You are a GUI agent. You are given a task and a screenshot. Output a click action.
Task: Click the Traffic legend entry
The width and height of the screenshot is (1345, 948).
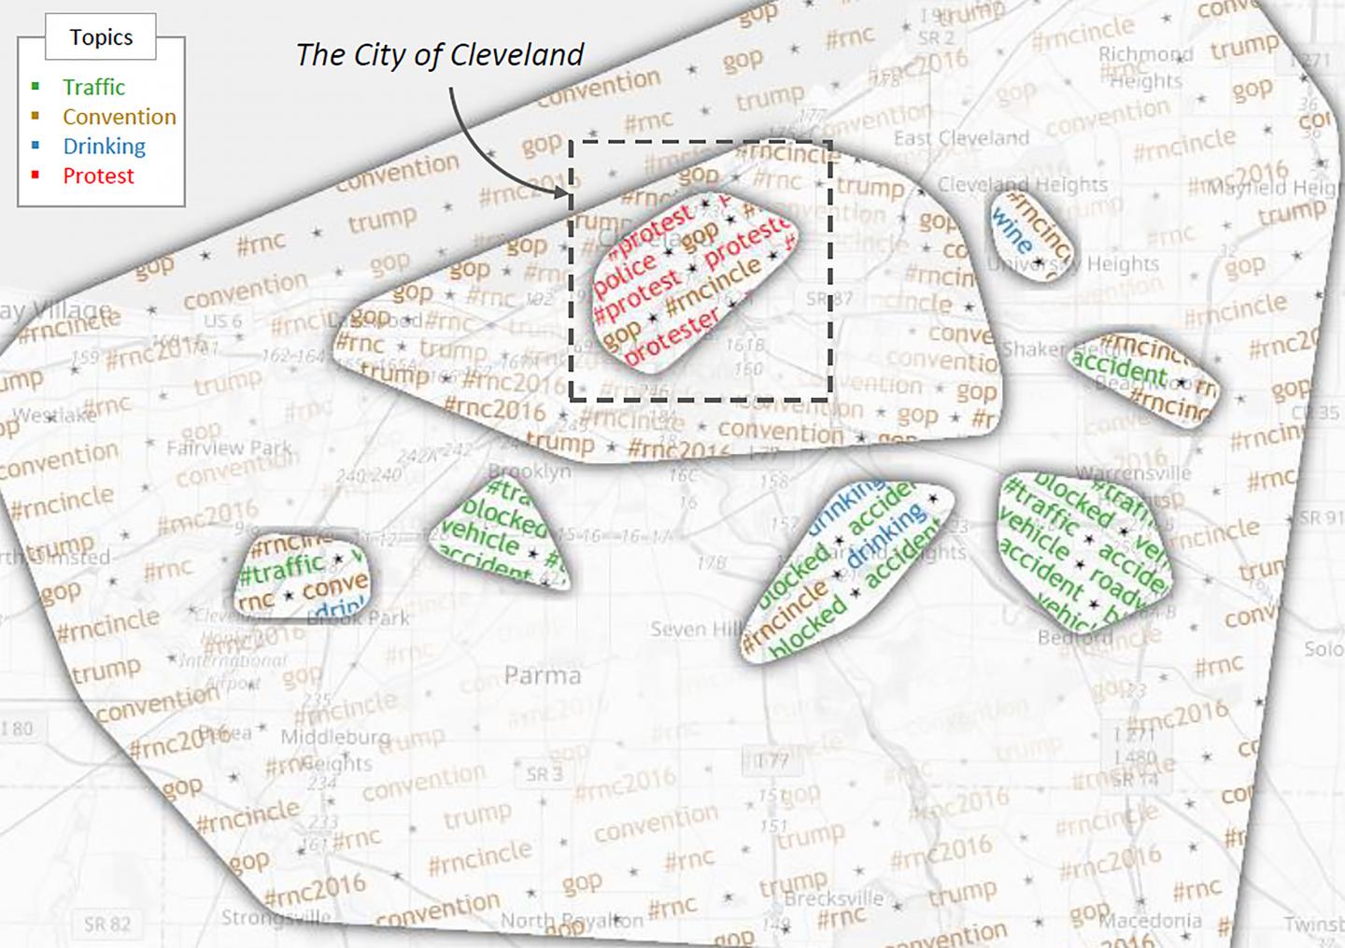tap(93, 87)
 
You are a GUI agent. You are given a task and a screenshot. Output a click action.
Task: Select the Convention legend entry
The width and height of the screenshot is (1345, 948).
tap(119, 117)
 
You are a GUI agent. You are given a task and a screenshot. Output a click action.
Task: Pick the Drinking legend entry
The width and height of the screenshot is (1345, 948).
tap(104, 147)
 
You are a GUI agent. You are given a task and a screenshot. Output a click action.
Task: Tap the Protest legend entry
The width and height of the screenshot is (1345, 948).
tap(98, 176)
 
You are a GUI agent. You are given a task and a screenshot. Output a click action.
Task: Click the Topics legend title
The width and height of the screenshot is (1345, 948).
tap(101, 37)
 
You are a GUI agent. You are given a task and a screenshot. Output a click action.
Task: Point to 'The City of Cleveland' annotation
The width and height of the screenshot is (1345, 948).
tap(439, 54)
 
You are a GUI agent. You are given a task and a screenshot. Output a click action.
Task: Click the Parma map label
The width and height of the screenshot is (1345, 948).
tap(542, 674)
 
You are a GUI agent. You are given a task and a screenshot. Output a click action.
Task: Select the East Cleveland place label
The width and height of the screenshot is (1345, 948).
tap(961, 138)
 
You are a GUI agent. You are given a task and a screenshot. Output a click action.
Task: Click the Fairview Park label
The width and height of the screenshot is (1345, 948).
tap(230, 447)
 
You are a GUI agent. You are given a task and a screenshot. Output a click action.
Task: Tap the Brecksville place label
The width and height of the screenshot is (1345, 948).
tap(834, 898)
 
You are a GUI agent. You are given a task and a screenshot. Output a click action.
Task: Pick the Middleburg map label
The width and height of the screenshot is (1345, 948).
tap(335, 736)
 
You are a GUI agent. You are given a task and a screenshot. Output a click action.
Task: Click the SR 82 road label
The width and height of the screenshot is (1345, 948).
tap(107, 924)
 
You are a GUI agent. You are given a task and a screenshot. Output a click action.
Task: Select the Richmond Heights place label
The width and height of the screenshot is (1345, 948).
tap(1145, 67)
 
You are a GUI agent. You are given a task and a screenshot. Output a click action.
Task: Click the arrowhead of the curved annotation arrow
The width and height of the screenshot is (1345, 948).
tap(566, 194)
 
